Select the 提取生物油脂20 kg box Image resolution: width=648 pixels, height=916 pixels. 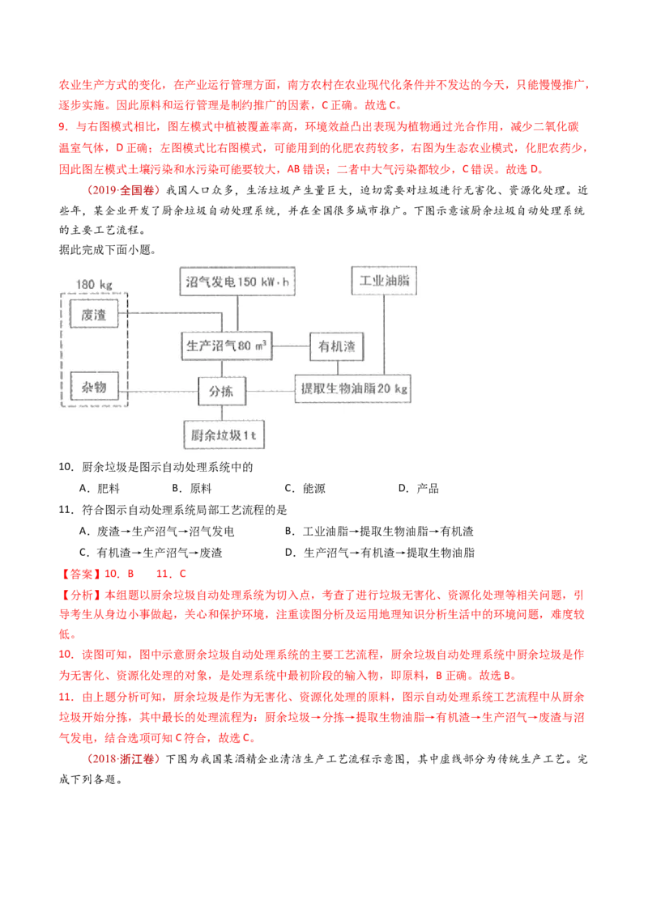(354, 389)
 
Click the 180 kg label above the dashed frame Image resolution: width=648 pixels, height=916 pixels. (94, 284)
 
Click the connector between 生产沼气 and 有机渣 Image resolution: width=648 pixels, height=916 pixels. (291, 347)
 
